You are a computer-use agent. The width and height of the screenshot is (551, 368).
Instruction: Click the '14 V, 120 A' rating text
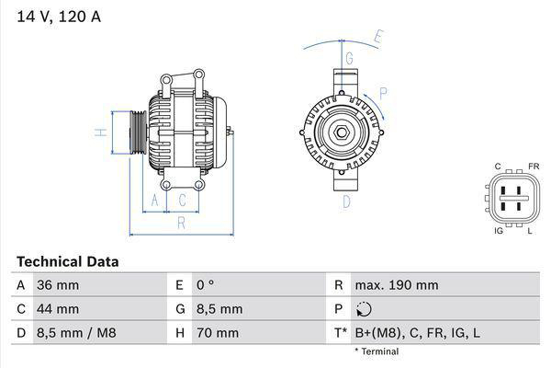pyautogui.click(x=58, y=15)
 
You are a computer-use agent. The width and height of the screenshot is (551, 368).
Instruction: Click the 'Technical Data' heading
pyautogui.click(x=67, y=262)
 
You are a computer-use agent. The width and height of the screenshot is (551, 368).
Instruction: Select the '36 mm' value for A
pyautogui.click(x=57, y=285)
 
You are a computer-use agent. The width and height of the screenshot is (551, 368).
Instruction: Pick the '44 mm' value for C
pyautogui.click(x=57, y=309)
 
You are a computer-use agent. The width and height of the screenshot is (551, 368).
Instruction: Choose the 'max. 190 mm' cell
pyautogui.click(x=398, y=285)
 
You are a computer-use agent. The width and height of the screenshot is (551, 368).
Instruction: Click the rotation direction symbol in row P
pyautogui.click(x=365, y=309)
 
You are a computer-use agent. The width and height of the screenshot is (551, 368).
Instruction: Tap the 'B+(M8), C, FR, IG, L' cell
pyautogui.click(x=417, y=332)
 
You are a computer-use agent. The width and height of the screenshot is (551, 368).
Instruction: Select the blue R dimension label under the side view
pyautogui.click(x=182, y=222)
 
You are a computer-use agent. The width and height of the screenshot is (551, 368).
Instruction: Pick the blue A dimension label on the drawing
pyautogui.click(x=155, y=200)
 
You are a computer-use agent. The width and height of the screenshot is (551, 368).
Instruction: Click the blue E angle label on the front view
pyautogui.click(x=378, y=38)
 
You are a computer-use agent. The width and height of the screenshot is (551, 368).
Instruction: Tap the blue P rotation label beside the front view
pyautogui.click(x=383, y=92)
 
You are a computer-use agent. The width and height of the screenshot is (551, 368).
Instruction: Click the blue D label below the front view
pyautogui.click(x=347, y=201)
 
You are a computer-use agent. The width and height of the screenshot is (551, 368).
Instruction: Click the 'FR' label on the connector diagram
pyautogui.click(x=533, y=167)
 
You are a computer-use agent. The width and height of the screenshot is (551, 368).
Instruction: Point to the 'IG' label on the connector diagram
pyautogui.click(x=498, y=231)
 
